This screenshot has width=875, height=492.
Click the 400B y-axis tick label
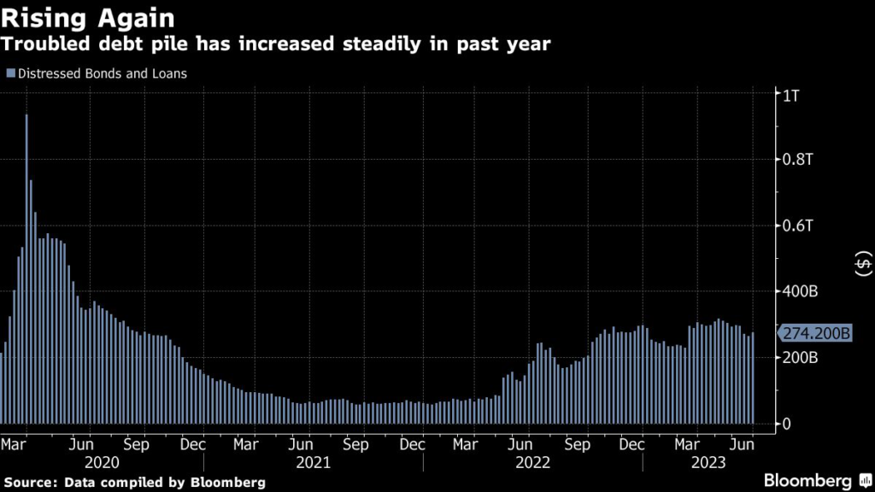[x=801, y=291]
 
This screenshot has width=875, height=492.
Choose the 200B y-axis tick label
[x=801, y=357]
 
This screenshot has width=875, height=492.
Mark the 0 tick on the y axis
[x=787, y=424]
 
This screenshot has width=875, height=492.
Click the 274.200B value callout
[x=813, y=333]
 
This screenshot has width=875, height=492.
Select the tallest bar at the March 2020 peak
[x=26, y=269]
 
